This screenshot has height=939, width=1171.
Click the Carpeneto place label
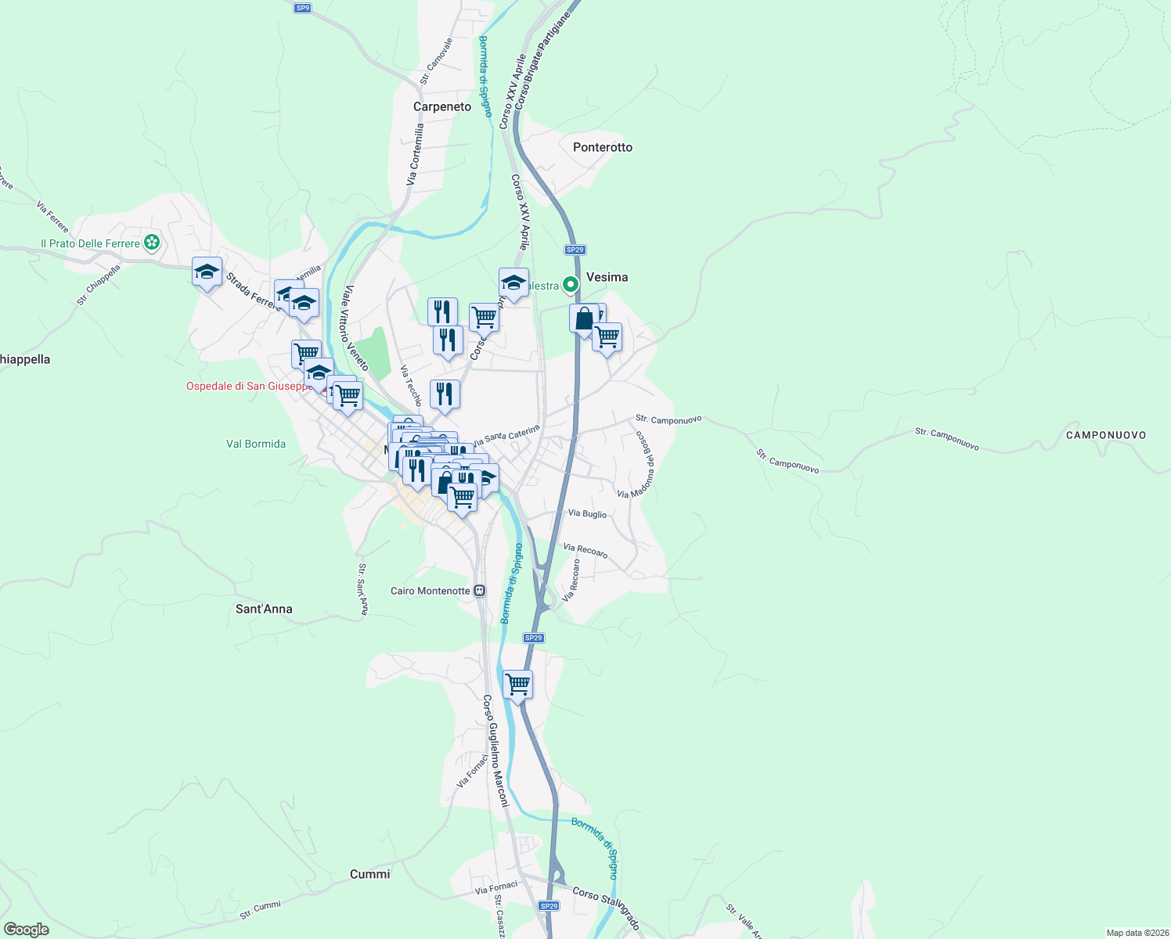[x=442, y=106]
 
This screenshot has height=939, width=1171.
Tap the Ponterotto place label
[x=602, y=147]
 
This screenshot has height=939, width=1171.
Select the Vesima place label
[x=607, y=277]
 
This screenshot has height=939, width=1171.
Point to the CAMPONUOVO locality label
[x=1105, y=435]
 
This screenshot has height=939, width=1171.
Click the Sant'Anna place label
[x=264, y=609]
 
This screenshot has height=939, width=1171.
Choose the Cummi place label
[x=369, y=874]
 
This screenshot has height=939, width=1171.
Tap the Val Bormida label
[x=256, y=444]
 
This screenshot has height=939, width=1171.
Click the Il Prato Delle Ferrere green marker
[x=152, y=243]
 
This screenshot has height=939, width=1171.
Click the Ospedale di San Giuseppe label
[x=248, y=386]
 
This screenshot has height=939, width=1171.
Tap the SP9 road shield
[x=303, y=8]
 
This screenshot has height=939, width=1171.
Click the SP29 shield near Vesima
[x=575, y=250]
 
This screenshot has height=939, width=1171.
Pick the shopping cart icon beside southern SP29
[x=517, y=684]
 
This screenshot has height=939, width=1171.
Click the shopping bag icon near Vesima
[x=584, y=318]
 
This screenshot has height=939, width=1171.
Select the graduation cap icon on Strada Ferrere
[x=207, y=272]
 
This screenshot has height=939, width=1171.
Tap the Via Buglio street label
[x=587, y=513]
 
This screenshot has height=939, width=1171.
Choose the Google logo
[x=26, y=930]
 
